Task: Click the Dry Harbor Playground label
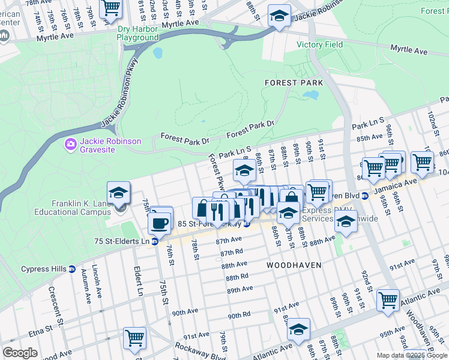click(x=137, y=32)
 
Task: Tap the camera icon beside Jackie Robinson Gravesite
click(x=70, y=144)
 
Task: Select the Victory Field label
click(x=319, y=44)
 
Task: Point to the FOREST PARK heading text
click(x=294, y=83)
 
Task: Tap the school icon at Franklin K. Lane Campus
click(x=119, y=193)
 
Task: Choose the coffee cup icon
click(x=160, y=223)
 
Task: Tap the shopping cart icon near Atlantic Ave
click(x=388, y=298)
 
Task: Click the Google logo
click(x=20, y=353)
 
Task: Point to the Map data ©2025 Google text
click(x=412, y=355)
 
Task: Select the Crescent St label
click(x=59, y=307)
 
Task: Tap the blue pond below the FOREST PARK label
click(x=310, y=95)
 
